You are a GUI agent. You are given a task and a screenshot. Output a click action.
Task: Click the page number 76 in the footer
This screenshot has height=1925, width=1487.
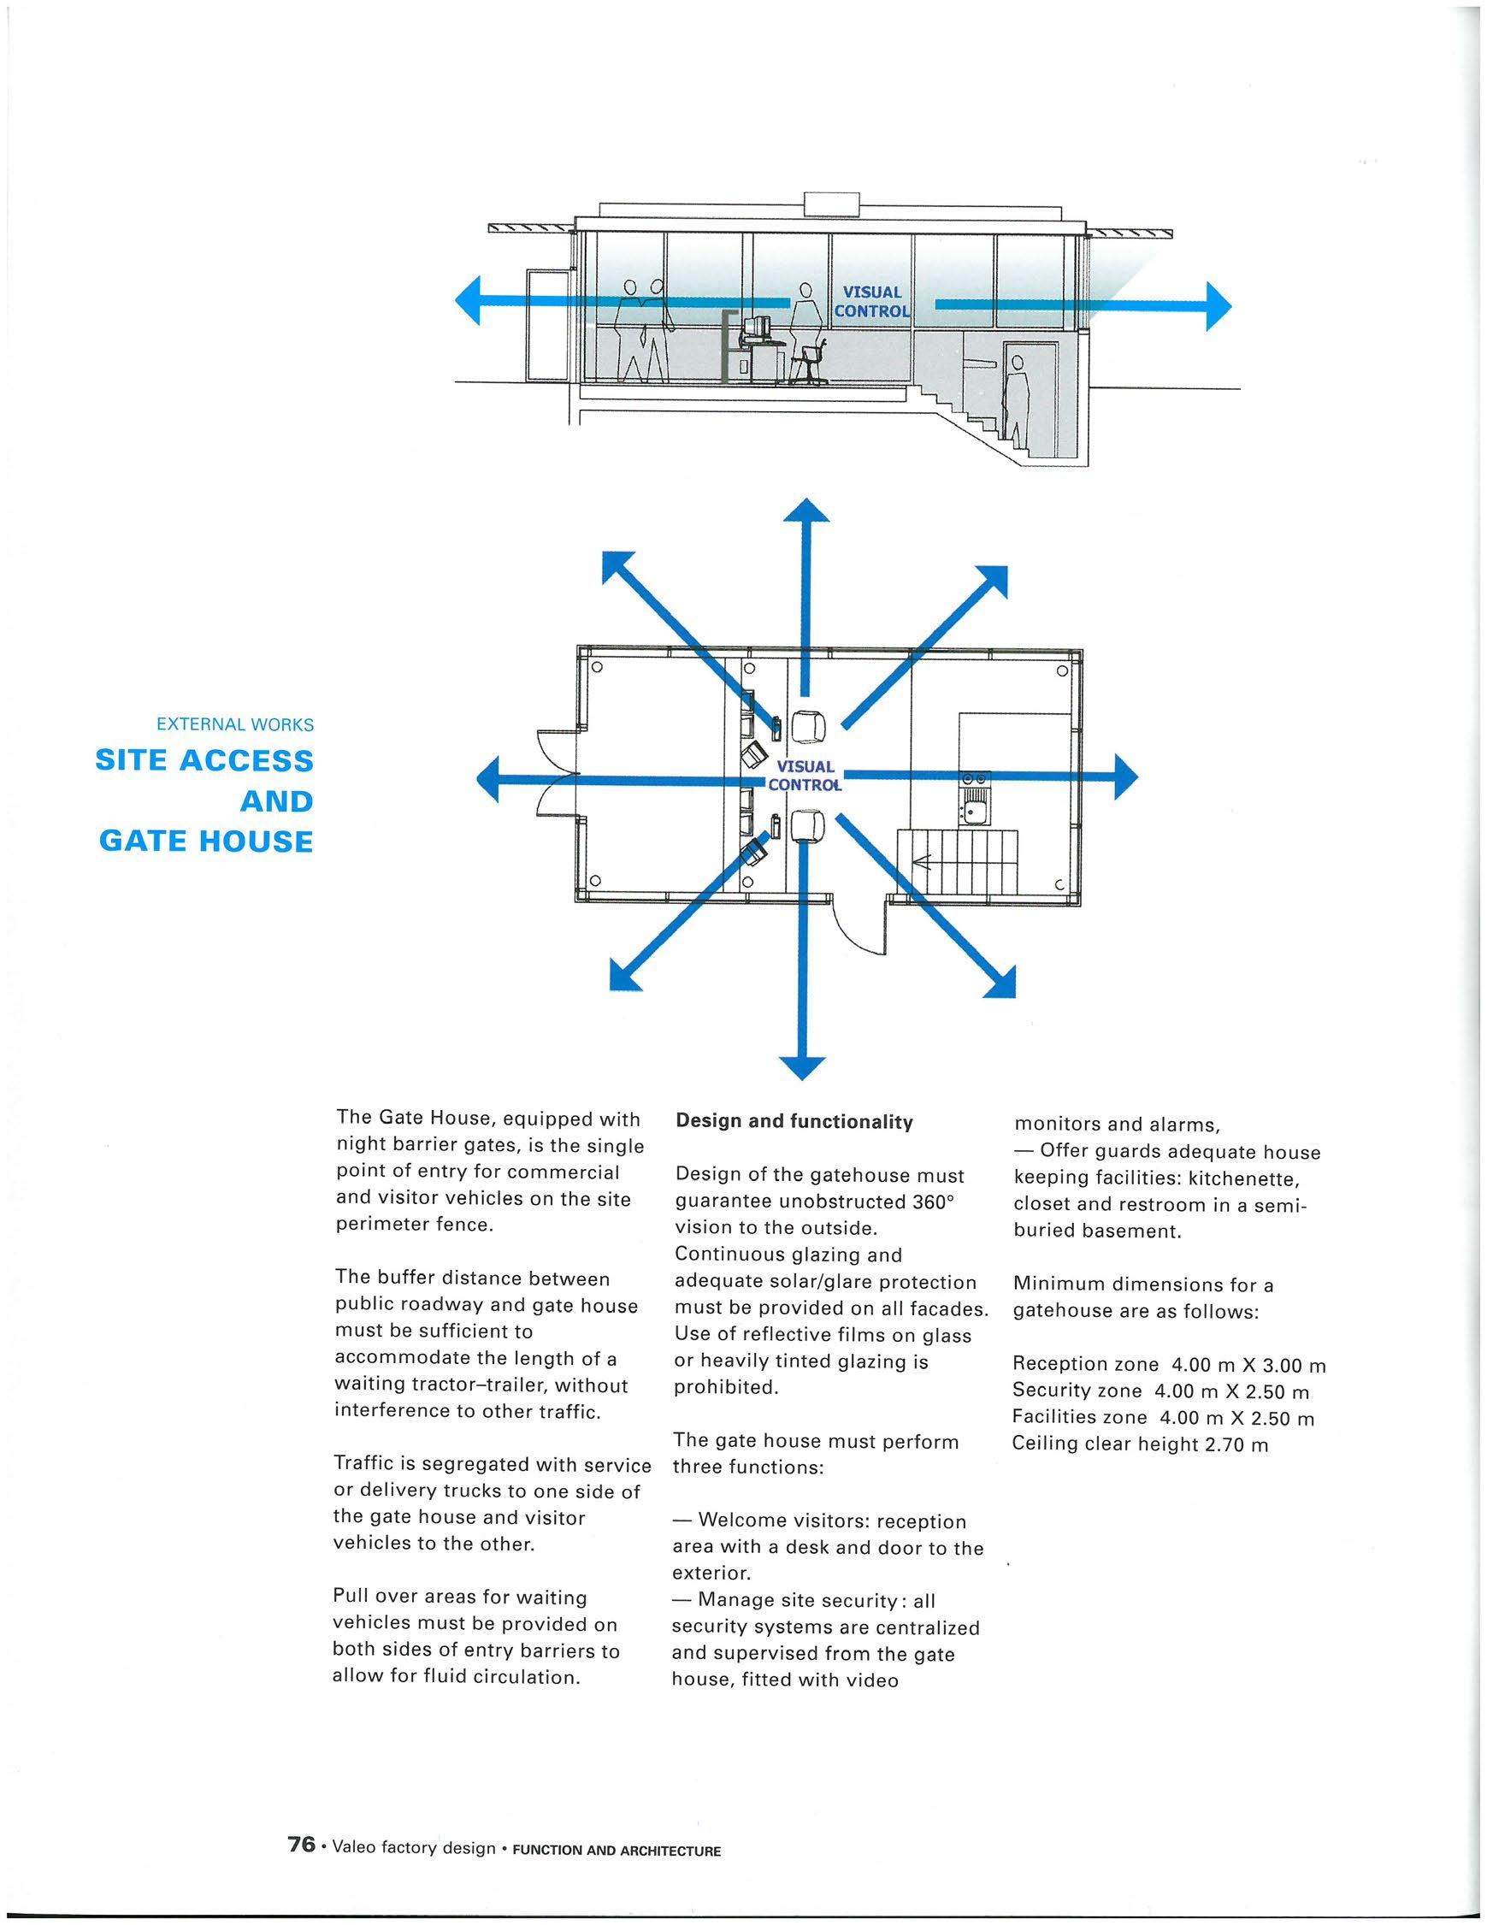pyautogui.click(x=302, y=1844)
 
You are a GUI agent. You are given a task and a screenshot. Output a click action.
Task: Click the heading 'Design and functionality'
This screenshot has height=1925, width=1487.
pyautogui.click(x=794, y=1122)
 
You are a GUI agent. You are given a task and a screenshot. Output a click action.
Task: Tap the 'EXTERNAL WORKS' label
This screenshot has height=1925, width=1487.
pyautogui.click(x=234, y=724)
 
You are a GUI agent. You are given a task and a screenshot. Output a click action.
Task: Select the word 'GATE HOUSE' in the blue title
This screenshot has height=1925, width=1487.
pyautogui.click(x=206, y=841)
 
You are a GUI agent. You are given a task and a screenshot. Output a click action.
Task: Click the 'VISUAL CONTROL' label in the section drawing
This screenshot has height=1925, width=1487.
pyautogui.click(x=871, y=301)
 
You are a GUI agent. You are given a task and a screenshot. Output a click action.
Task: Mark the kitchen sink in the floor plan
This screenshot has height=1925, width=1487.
pyautogui.click(x=974, y=809)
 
